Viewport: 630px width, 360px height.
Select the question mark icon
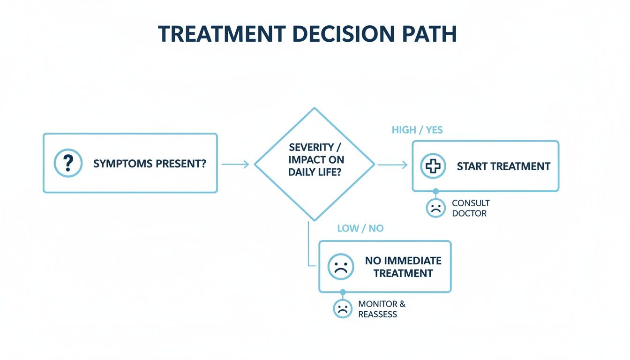tap(68, 163)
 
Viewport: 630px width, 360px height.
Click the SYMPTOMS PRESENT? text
tap(149, 164)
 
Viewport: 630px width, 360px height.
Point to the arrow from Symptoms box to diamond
tap(235, 164)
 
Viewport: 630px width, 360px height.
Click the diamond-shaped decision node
tap(314, 164)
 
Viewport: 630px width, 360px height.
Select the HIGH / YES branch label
tap(417, 130)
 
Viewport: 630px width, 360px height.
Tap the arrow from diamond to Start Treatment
tap(392, 164)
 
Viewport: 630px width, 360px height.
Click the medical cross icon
tap(433, 166)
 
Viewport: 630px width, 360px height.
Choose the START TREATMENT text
tap(503, 166)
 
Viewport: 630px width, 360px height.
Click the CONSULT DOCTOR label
tap(470, 208)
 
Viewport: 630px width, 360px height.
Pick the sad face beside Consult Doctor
tap(436, 208)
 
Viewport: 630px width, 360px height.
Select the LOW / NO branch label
tap(360, 229)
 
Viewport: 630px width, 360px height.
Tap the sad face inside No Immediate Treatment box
tap(340, 266)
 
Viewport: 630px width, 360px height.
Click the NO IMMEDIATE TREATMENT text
tap(403, 267)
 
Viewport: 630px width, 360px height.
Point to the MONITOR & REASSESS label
tap(382, 309)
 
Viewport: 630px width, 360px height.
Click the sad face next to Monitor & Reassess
tap(343, 308)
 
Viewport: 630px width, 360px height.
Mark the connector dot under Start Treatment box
tap(436, 191)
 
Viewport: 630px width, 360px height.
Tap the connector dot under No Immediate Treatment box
tap(343, 292)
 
